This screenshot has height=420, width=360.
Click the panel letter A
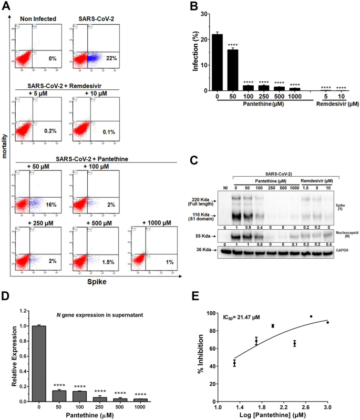pos(6,6)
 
